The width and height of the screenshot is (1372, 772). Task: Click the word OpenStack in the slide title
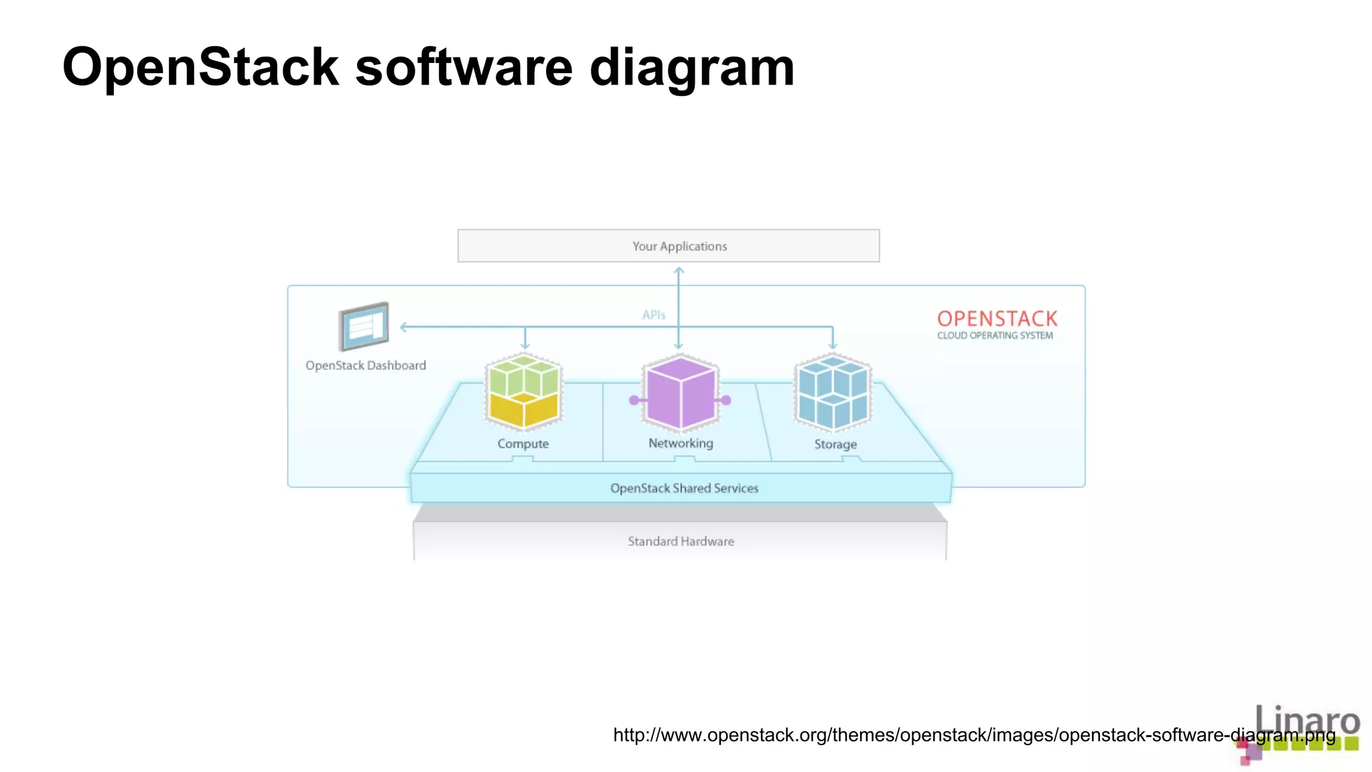200,68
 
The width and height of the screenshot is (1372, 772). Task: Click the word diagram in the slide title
691,68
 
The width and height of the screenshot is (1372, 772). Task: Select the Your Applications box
668,246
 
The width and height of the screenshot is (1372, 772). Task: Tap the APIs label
653,315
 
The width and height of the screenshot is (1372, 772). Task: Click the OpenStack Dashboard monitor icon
364,326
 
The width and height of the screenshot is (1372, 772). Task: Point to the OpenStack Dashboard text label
366,366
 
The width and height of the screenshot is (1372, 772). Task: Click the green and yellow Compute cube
523,392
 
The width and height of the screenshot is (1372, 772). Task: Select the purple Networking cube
681,393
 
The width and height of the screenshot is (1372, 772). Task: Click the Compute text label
523,444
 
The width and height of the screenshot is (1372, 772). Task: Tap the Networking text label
681,443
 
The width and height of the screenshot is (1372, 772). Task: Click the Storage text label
835,444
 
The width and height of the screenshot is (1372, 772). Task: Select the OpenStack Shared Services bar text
684,489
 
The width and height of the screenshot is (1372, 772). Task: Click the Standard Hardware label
681,541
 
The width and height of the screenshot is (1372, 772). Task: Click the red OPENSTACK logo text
997,318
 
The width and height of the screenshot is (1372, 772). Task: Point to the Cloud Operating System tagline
995,336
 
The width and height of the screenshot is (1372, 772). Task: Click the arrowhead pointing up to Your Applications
679,270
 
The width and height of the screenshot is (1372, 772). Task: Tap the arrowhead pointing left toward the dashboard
403,327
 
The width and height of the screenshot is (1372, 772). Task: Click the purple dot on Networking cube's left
634,400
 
